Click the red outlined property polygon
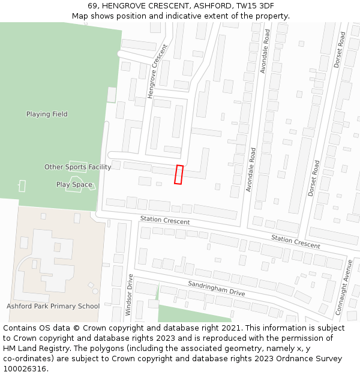click(x=179, y=175)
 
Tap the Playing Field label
click(x=47, y=114)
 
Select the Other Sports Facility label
click(x=77, y=167)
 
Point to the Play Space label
click(x=74, y=185)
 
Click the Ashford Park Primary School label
click(x=53, y=306)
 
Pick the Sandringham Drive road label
click(x=216, y=288)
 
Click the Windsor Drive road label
click(x=128, y=295)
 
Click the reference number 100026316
click(x=26, y=369)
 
